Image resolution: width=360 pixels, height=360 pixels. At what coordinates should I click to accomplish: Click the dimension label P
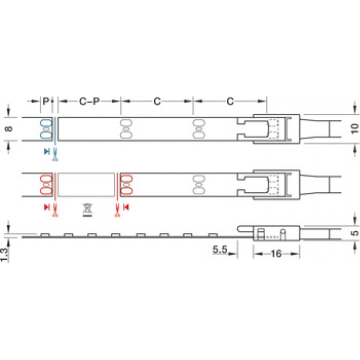(x=46, y=101)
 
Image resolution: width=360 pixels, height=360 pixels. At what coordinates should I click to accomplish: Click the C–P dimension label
(x=89, y=101)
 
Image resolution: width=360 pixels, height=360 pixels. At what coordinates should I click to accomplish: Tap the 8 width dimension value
(x=9, y=128)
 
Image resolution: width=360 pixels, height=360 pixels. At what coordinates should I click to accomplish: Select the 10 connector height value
(x=354, y=128)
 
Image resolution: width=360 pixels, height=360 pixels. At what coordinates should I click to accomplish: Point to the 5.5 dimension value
(x=219, y=249)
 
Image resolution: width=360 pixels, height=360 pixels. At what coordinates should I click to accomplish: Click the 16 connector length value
(x=276, y=253)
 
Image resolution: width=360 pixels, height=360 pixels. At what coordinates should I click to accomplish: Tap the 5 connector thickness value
(x=355, y=233)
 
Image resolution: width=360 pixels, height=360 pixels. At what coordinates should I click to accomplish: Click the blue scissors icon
(x=55, y=154)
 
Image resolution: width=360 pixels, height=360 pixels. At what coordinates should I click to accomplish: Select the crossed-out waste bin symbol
(x=87, y=210)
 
